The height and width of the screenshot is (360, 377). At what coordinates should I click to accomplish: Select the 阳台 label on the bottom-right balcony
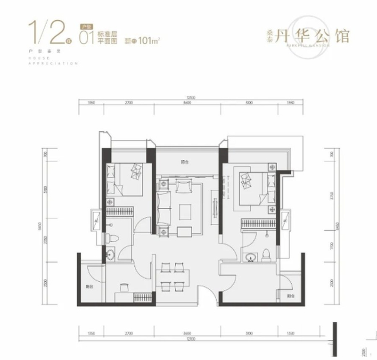290,296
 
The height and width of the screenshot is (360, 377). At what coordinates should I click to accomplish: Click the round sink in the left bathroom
111,255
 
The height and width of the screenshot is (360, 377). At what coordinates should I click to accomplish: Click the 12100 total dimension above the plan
188,98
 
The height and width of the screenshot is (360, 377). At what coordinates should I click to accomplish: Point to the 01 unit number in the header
86,37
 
